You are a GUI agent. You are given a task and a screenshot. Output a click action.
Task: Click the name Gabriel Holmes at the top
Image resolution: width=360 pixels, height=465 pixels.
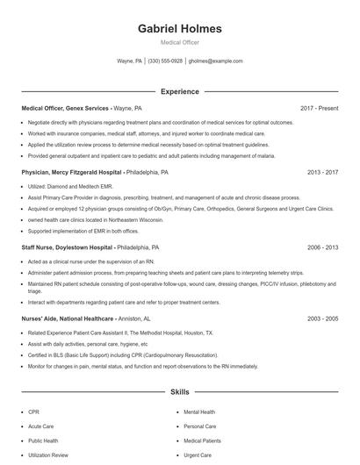click(x=180, y=29)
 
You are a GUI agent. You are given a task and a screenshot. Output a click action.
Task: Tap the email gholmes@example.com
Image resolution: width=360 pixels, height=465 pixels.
click(x=215, y=61)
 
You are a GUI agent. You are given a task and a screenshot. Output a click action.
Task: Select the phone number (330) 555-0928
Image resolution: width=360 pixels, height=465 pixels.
click(x=165, y=61)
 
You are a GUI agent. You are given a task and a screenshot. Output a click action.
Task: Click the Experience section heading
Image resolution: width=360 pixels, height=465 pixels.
click(x=180, y=91)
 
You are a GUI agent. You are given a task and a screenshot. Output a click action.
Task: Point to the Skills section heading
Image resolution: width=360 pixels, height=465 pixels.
click(x=180, y=392)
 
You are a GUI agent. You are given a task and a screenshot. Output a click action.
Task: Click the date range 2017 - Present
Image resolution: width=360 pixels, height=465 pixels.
click(x=319, y=108)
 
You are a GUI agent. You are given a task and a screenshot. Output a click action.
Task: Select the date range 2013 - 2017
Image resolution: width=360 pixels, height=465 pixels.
click(x=323, y=173)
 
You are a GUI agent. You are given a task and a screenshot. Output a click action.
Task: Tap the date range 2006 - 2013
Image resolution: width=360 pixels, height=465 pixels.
click(x=323, y=248)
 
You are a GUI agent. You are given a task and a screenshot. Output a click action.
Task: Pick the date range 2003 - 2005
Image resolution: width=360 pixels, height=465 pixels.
click(x=323, y=319)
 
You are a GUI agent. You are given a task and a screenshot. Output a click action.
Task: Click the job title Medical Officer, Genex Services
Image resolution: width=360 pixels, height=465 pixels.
click(x=64, y=108)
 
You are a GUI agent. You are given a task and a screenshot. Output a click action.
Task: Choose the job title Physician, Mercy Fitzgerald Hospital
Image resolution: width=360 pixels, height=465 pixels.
click(x=72, y=173)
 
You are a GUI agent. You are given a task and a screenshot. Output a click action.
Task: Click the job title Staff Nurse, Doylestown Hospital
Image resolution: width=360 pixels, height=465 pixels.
click(x=68, y=248)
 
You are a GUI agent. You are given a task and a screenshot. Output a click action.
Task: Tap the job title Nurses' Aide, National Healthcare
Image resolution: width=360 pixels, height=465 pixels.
click(x=67, y=319)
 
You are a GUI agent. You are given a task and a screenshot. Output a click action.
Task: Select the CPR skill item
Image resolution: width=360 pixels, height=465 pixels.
click(x=33, y=411)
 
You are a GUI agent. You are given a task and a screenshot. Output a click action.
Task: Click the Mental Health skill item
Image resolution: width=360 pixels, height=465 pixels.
click(x=199, y=411)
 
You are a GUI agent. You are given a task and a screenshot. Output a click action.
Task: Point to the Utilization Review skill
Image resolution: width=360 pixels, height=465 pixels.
click(x=47, y=455)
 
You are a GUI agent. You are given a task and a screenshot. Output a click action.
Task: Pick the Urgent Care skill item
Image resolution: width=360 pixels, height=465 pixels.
click(x=197, y=455)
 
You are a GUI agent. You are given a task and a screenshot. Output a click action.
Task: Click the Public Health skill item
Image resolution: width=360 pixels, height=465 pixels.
click(x=43, y=440)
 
